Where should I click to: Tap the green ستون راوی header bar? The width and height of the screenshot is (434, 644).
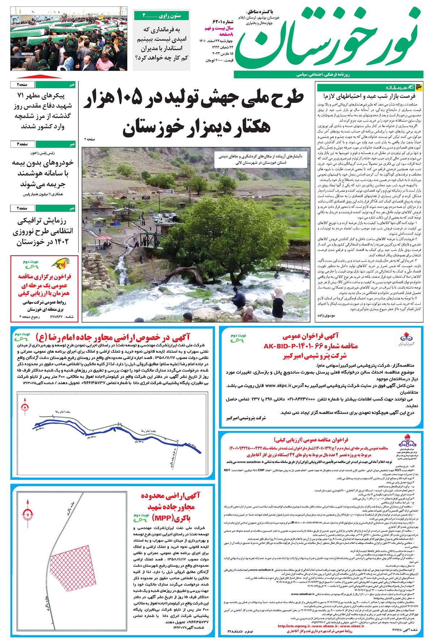click(162, 16)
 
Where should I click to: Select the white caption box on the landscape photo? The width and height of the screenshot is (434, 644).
click(257, 160)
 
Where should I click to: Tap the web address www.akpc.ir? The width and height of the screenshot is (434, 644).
click(280, 386)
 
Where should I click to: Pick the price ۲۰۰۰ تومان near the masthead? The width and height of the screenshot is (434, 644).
click(216, 60)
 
